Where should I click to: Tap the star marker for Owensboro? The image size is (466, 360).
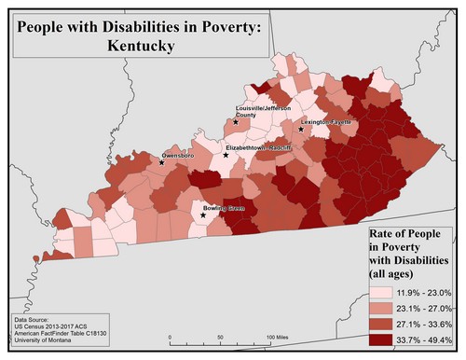pos(161,162)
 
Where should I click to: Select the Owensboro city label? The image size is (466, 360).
pos(181,155)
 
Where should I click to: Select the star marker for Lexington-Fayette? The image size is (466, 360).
pos(300,130)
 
